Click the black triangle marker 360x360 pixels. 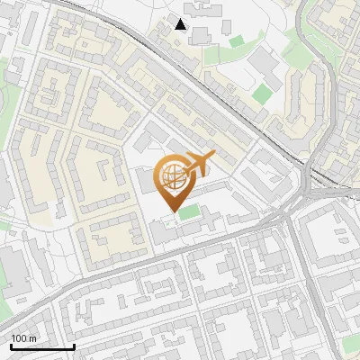point(182,24)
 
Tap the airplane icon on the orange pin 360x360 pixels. point(200,162)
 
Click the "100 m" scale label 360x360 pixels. point(24,338)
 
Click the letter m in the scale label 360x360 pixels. point(32,338)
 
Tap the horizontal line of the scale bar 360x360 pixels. point(42,346)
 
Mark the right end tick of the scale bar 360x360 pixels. point(74,345)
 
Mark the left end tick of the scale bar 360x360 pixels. point(11,345)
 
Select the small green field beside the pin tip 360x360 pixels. point(188,212)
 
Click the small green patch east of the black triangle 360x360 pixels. point(236,40)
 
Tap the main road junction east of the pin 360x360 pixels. point(286,216)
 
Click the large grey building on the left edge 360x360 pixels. point(11,270)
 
